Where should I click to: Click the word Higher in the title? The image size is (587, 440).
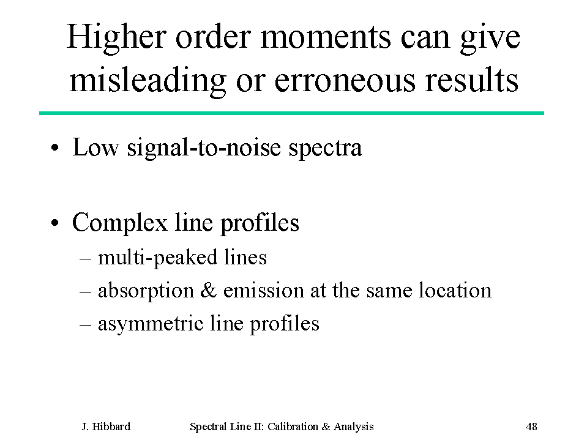[x=116, y=37]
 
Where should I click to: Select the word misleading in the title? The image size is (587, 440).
[x=148, y=80]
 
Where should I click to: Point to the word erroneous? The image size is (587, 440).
[x=345, y=81]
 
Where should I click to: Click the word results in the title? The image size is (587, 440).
[x=472, y=80]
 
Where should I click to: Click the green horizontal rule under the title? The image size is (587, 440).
[x=291, y=113]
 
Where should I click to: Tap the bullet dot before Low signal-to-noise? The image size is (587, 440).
[x=55, y=148]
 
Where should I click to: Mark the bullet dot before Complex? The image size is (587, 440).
[x=55, y=223]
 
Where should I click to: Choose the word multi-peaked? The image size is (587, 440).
[x=157, y=258]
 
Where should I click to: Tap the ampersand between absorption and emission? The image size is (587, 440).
[x=209, y=290]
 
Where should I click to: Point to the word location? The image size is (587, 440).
[x=455, y=290]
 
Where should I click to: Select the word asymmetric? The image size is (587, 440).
[x=151, y=324]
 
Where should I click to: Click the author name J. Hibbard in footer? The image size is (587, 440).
[x=106, y=427]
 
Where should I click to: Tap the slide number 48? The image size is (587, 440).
[x=531, y=427]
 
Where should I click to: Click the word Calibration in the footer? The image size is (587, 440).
[x=293, y=427]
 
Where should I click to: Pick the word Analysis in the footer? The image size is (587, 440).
[x=354, y=427]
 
